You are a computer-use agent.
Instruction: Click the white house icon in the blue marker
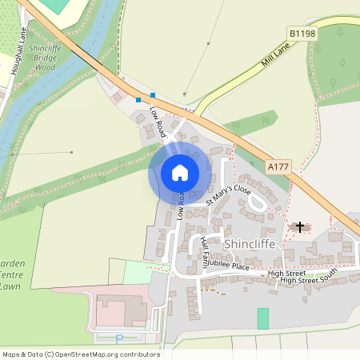tap(180, 172)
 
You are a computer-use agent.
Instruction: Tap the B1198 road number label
tap(302, 34)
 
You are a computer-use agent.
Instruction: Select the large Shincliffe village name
tap(252, 242)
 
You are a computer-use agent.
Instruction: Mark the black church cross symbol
tap(300, 227)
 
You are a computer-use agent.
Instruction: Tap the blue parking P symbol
tap(120, 338)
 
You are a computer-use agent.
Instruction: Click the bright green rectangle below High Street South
tap(262, 318)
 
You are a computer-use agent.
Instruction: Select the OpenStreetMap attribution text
tap(80, 354)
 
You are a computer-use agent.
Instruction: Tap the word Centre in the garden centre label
tap(10, 274)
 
